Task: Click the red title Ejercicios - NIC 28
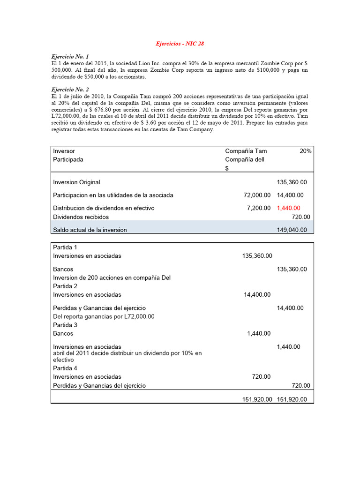pyautogui.click(x=180, y=44)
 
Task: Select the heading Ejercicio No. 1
pyautogui.click(x=70, y=56)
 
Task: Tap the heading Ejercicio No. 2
pyautogui.click(x=70, y=89)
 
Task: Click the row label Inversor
pyautogui.click(x=64, y=151)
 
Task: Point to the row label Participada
pyautogui.click(x=68, y=159)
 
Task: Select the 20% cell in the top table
pyautogui.click(x=305, y=151)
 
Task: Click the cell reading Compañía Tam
pyautogui.click(x=246, y=151)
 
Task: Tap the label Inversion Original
pyautogui.click(x=76, y=182)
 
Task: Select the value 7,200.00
pyautogui.click(x=258, y=208)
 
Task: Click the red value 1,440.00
pyautogui.click(x=288, y=208)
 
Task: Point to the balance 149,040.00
pyautogui.click(x=292, y=230)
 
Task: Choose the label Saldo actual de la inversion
pyautogui.click(x=90, y=230)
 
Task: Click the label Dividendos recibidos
pyautogui.click(x=81, y=217)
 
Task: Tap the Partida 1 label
pyautogui.click(x=65, y=247)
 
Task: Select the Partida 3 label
pyautogui.click(x=65, y=325)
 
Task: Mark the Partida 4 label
pyautogui.click(x=65, y=368)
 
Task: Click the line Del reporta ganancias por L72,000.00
pyautogui.click(x=104, y=316)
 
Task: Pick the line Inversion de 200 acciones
pyautogui.click(x=112, y=277)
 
